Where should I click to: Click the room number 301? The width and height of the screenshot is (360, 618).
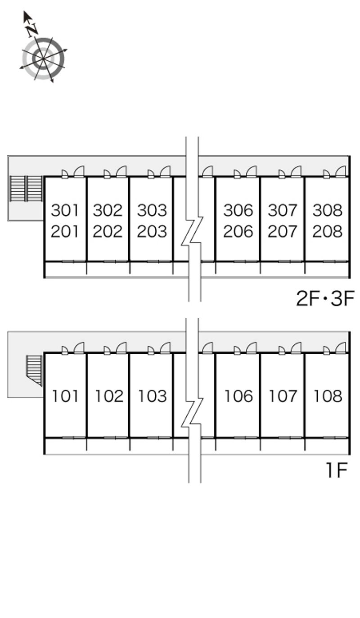point(65,210)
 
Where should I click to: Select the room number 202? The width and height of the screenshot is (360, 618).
point(107,231)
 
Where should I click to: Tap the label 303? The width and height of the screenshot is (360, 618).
point(152,210)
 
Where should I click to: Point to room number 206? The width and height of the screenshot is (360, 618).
point(238,231)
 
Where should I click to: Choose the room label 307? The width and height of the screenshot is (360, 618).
point(283,210)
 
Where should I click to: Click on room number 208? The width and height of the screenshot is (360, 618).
point(328,231)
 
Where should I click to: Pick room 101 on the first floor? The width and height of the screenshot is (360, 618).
point(65,396)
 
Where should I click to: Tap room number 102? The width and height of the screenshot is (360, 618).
point(109,396)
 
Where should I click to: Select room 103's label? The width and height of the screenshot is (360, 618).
point(153,396)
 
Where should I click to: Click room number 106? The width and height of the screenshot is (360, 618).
point(239,396)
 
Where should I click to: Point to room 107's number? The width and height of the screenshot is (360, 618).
point(283,396)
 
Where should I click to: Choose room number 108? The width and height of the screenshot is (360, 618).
point(328,396)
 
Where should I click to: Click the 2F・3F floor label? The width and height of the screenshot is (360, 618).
point(325,298)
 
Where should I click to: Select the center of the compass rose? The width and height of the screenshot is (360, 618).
point(43,59)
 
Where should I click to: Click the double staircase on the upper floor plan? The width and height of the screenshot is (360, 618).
point(26,189)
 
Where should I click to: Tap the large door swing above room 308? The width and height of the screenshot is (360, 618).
point(341,171)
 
